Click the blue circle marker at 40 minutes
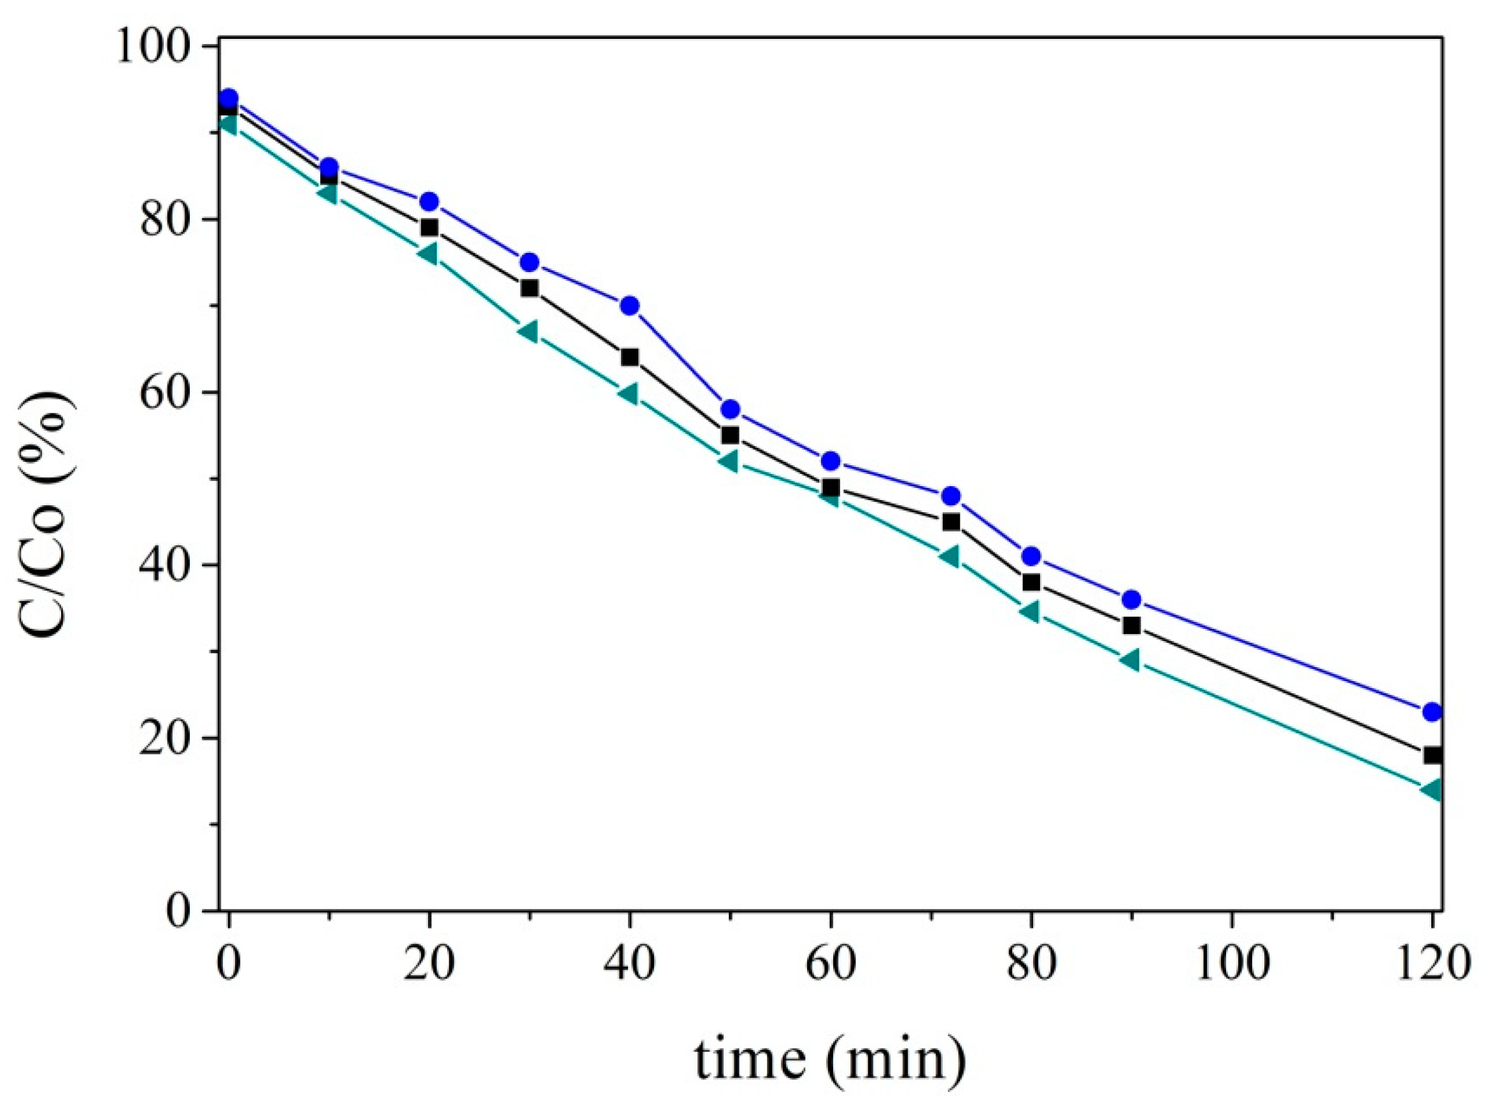point(629,306)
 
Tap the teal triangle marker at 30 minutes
point(528,331)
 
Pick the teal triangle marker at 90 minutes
point(1131,660)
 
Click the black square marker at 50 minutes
point(730,435)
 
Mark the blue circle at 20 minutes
point(429,202)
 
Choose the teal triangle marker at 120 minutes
point(1431,789)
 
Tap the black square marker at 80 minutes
point(1031,582)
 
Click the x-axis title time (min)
point(830,1060)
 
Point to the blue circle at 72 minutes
point(950,496)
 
